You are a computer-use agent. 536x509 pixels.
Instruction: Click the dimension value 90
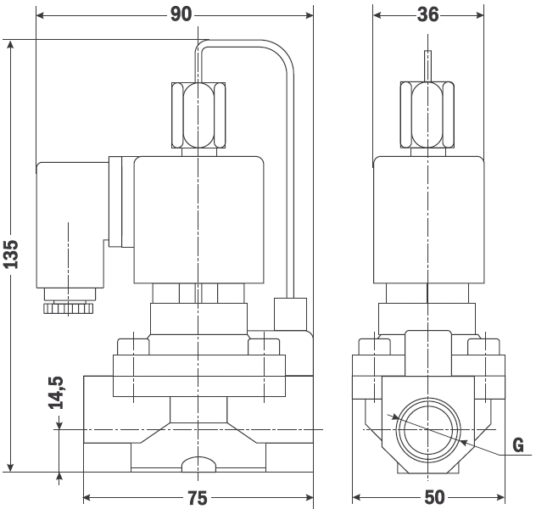(x=181, y=14)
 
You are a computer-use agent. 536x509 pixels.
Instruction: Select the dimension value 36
(x=427, y=14)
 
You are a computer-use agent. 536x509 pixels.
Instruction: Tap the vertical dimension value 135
(x=11, y=255)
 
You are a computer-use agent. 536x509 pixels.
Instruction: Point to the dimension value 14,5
(x=56, y=393)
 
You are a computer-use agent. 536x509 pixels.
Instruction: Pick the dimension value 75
(x=198, y=498)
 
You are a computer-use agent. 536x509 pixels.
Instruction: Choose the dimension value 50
(x=434, y=497)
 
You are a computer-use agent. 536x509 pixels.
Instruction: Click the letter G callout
(x=518, y=445)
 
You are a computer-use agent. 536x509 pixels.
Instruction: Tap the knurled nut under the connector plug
(x=69, y=308)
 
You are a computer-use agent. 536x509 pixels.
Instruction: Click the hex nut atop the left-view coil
(x=198, y=115)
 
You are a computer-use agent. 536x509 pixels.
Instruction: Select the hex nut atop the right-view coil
(x=427, y=115)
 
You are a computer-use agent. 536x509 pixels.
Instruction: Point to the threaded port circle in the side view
(x=428, y=429)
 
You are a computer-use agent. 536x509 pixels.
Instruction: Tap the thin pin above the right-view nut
(x=427, y=66)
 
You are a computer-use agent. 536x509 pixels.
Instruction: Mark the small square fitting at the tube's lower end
(x=290, y=314)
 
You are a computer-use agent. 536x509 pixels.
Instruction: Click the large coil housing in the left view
(x=199, y=220)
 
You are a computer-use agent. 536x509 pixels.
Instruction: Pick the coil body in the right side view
(x=428, y=220)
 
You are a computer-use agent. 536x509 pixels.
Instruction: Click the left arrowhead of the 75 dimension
(x=87, y=498)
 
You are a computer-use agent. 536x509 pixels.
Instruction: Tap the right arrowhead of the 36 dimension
(x=479, y=15)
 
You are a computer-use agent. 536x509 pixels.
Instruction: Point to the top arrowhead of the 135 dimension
(x=10, y=45)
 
